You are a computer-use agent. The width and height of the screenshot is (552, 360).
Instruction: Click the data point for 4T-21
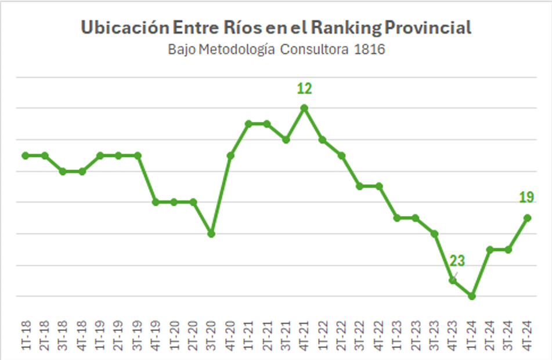[304, 108]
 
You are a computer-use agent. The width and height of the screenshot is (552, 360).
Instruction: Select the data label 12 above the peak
[304, 88]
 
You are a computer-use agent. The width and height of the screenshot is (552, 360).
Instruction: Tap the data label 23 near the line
[457, 261]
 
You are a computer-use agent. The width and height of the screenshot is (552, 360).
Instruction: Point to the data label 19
[526, 197]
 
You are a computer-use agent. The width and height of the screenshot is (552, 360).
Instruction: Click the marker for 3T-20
[211, 233]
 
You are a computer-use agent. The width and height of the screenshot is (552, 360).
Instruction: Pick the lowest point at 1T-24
[472, 296]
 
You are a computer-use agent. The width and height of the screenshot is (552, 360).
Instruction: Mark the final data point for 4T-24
[528, 218]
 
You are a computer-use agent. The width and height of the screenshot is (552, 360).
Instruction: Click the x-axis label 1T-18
[26, 336]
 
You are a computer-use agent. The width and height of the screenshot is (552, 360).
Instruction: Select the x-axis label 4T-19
[156, 336]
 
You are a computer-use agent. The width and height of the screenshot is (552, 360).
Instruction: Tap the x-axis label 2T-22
[341, 336]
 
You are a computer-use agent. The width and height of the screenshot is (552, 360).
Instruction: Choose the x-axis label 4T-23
[453, 336]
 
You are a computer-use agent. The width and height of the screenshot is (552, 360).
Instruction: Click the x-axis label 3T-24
[508, 336]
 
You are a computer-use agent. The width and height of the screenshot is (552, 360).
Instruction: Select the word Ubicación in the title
[125, 27]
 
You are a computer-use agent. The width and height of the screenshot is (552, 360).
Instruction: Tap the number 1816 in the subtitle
[370, 49]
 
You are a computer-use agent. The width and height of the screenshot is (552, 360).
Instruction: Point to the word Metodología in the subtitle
[237, 50]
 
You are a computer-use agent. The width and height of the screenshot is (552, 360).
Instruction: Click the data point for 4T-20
[230, 156]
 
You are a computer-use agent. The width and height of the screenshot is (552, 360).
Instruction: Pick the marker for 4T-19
[156, 202]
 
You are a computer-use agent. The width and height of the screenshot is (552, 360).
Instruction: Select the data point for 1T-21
[248, 124]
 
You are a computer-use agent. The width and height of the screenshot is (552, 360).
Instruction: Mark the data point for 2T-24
[490, 250]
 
